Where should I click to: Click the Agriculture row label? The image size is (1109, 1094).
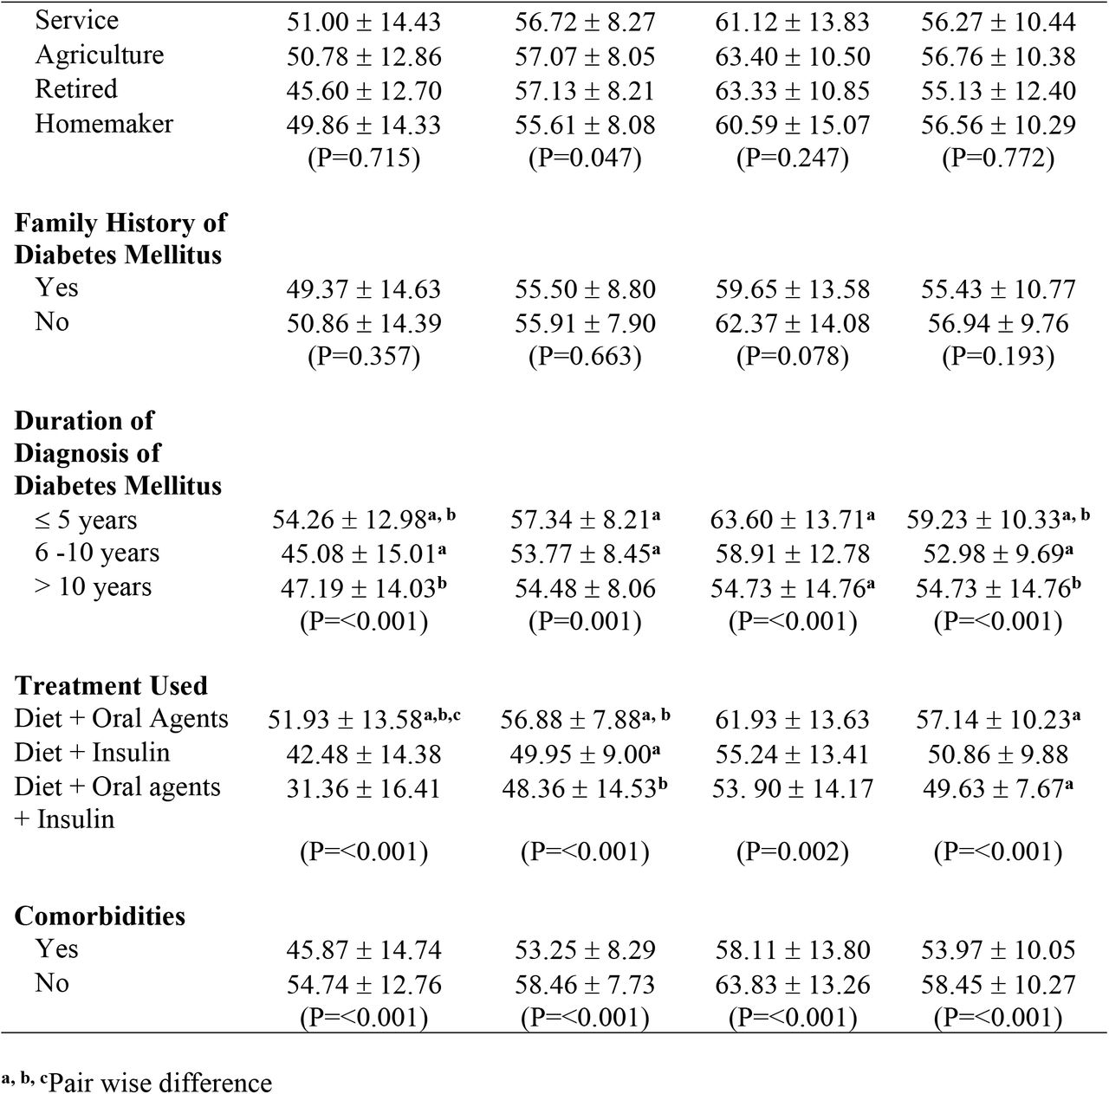point(99,55)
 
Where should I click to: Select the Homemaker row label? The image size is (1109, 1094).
point(104,124)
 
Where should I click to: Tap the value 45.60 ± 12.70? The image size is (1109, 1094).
point(364,90)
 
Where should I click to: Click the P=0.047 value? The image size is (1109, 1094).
point(585,158)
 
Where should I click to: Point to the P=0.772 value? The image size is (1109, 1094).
point(998,158)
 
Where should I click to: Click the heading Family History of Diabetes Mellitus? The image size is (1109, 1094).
point(120,238)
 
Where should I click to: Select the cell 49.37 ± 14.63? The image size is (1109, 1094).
point(364,289)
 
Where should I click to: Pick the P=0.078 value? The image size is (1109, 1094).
point(793,356)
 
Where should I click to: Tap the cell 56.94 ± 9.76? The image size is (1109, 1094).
point(998,323)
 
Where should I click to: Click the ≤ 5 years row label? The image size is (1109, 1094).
point(86,521)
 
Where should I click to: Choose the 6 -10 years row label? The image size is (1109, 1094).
point(97,553)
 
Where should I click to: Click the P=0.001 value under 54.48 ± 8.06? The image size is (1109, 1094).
point(585,622)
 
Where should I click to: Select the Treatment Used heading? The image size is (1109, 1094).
point(111,686)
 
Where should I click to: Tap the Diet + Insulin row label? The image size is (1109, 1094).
point(92,753)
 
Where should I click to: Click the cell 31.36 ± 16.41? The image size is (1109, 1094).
point(364,788)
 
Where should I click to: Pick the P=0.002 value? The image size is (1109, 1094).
point(793,851)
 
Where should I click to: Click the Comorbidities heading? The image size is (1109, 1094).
point(100,916)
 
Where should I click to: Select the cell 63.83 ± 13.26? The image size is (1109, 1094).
point(793,985)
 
